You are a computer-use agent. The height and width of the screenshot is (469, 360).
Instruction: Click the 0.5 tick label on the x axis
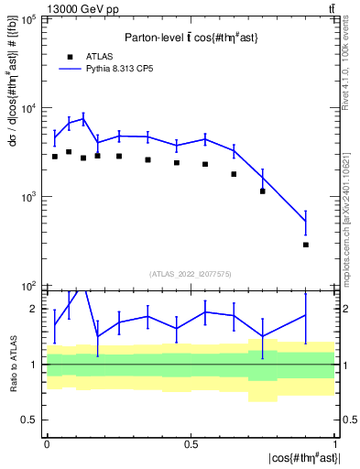pos(191,444)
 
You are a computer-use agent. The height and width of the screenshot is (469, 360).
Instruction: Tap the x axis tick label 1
pos(335,444)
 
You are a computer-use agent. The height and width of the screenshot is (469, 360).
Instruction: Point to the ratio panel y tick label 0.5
pos(29,420)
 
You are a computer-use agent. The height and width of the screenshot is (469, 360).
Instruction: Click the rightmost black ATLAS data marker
pos(306,245)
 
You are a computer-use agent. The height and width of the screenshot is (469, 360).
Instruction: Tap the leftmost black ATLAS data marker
pos(55,157)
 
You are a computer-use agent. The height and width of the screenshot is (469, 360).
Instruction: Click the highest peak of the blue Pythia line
pos(83,117)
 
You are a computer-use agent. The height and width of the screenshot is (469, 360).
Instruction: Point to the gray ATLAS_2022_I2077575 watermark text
pos(190,274)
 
